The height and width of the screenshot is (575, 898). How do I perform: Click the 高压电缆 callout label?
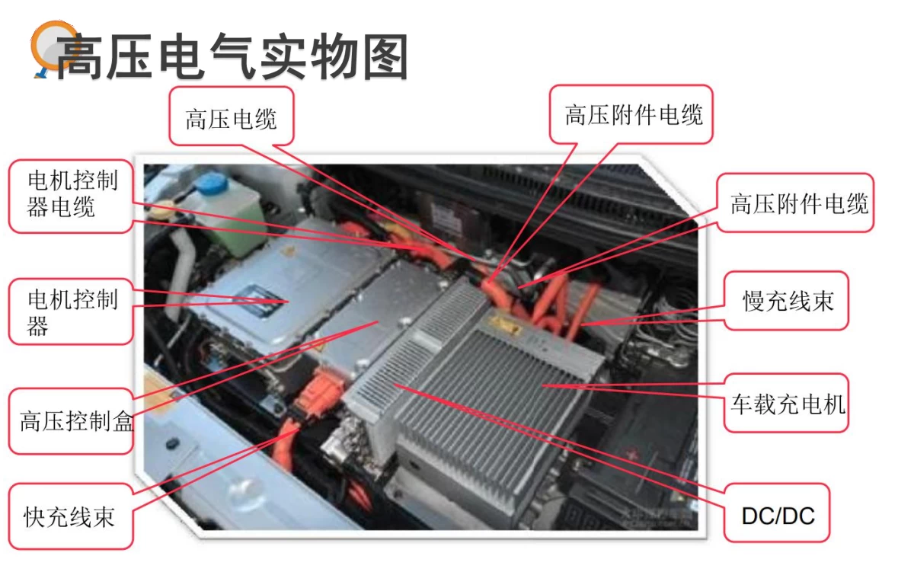coord(231,118)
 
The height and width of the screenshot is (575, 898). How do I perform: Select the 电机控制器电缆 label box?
coord(72,194)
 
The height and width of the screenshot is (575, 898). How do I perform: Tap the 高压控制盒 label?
coord(77,421)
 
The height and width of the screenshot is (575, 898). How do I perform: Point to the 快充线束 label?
coord(69,517)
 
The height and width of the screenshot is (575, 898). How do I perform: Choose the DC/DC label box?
coord(777,516)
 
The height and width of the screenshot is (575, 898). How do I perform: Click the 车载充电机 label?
coord(788,403)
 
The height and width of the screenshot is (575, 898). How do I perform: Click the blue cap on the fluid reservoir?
coord(216,184)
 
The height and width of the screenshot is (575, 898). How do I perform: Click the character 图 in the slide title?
coord(385,56)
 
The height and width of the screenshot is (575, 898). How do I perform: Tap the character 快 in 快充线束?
coord(35,517)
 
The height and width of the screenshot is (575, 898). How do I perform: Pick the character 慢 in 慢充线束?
coord(754,301)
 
